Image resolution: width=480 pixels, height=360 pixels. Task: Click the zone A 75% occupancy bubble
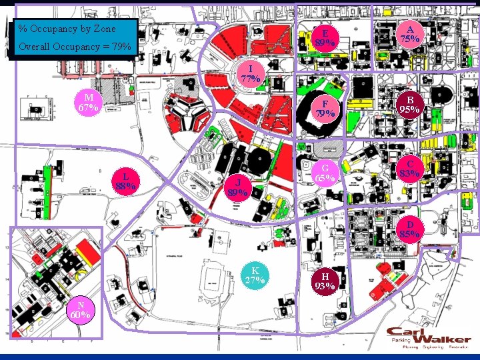[x=409, y=34]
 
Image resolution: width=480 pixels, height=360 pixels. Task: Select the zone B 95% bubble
[x=409, y=105]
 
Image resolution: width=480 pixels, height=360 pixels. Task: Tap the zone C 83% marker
[x=409, y=169]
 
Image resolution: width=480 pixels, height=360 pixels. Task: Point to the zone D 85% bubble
[x=409, y=229]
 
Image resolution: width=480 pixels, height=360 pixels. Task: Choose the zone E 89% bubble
[x=325, y=39]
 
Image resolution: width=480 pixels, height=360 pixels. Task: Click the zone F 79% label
[x=325, y=109]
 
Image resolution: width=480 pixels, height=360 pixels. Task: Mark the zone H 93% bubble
[x=325, y=281]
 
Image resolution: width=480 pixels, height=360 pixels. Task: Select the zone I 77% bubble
[x=250, y=73]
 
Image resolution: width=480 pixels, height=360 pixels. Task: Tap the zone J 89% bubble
[x=238, y=188]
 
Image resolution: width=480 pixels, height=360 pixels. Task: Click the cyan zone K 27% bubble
[x=255, y=275]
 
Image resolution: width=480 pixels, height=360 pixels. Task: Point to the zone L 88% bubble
[x=126, y=181]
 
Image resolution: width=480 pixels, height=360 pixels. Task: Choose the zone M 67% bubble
[x=88, y=103]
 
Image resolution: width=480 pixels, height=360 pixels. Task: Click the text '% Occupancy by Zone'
[x=67, y=29]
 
